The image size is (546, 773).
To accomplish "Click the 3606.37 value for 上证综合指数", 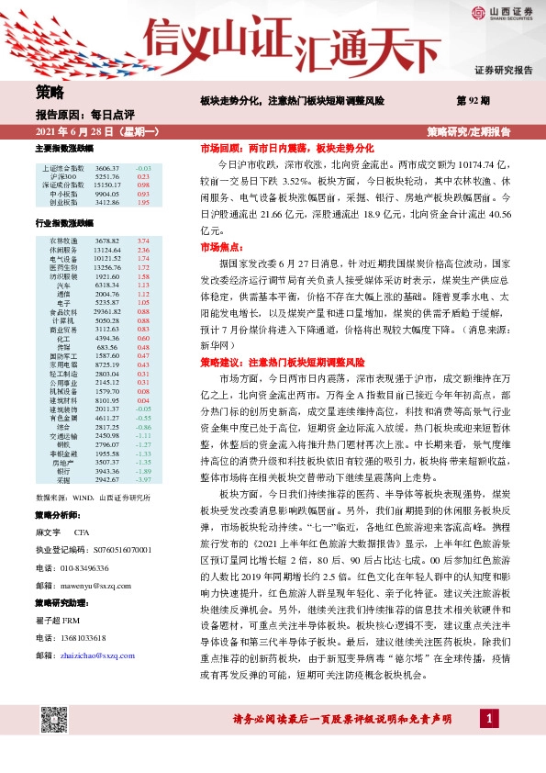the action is click(x=107, y=169).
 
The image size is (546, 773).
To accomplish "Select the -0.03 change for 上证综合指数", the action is click(x=143, y=169).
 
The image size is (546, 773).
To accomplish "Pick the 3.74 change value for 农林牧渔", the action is click(x=143, y=241).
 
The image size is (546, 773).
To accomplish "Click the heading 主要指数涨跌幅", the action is click(x=64, y=148).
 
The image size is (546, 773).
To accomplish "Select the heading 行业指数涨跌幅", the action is click(x=64, y=223).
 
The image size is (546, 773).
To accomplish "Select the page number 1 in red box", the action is click(x=494, y=742).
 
